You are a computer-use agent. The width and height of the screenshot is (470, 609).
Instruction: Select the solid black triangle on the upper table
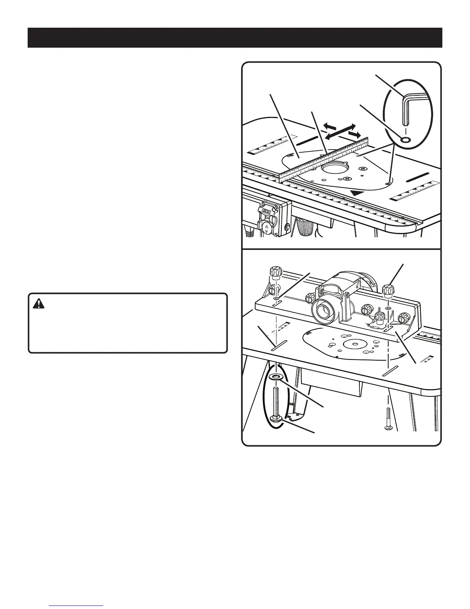pyautogui.click(x=357, y=193)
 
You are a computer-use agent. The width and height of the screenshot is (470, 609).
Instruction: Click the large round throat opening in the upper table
pyautogui.click(x=334, y=169)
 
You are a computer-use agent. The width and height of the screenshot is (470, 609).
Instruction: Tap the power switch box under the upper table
pyautogui.click(x=270, y=220)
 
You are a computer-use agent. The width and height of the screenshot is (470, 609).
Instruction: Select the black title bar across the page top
pyautogui.click(x=235, y=37)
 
